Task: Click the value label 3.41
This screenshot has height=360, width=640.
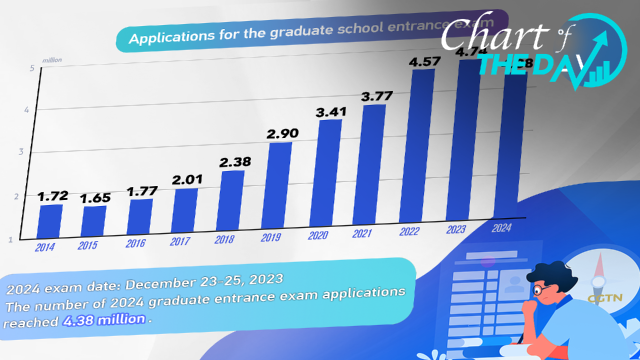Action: (328, 112)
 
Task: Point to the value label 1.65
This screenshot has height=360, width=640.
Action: (95, 197)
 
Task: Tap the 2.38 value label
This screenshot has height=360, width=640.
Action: (234, 162)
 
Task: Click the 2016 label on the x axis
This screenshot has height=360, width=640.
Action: (135, 243)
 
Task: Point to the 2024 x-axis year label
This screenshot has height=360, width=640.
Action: (501, 228)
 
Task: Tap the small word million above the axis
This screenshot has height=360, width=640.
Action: (52, 60)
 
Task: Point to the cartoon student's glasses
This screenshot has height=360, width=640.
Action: (539, 289)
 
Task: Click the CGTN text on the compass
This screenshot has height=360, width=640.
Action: (604, 299)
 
